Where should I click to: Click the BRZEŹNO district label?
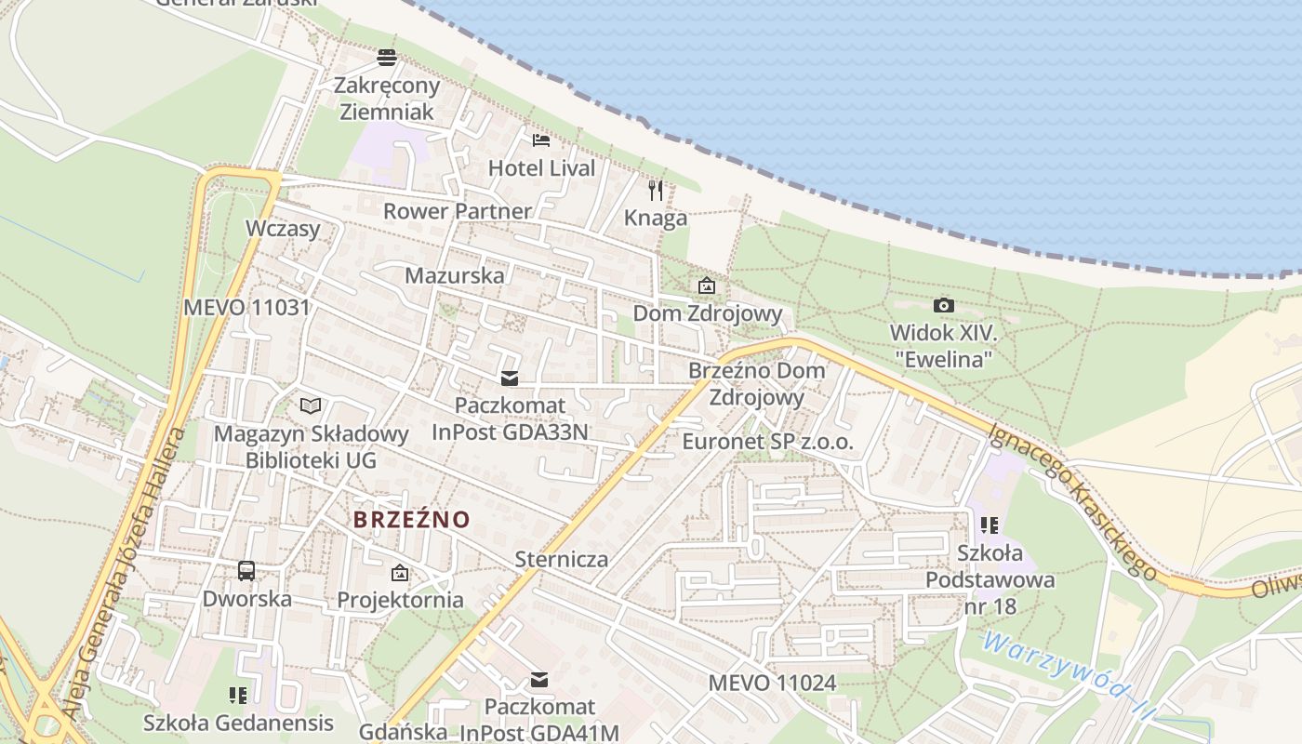pos(412,519)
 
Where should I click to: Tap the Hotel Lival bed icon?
pos(541,140)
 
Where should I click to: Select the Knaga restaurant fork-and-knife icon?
pos(656,191)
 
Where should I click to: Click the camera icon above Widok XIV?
pos(943,305)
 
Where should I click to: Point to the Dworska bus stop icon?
pos(246,570)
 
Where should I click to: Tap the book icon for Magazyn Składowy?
pos(311,406)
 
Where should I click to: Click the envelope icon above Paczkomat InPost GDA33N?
pos(509,378)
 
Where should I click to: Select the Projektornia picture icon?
pos(400,573)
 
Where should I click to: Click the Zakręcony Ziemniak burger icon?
pos(387,58)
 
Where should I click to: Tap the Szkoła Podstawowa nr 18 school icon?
pos(990,525)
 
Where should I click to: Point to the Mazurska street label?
pos(455,275)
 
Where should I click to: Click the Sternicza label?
pos(562,559)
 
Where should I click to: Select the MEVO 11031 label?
pos(246,307)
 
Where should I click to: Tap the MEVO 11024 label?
pos(772,683)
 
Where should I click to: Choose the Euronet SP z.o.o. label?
pos(767,442)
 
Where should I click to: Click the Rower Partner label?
pos(457,211)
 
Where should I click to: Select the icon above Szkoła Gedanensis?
pos(238,695)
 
